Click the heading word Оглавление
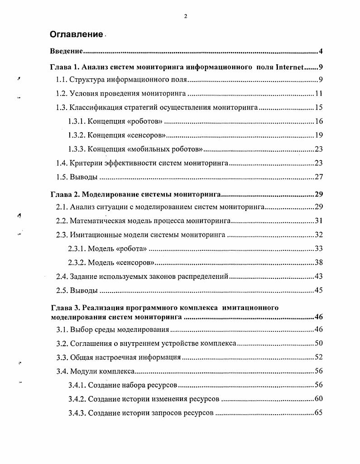tap(77, 34)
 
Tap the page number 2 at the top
tap(186, 16)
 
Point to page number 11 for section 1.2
tap(318, 94)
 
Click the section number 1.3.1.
tap(77, 121)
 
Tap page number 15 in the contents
tap(318, 108)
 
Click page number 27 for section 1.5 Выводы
tap(318, 177)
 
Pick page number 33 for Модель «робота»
tap(318, 249)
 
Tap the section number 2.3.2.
tap(77, 263)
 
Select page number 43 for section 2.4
tap(318, 276)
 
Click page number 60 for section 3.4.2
tap(318, 399)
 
